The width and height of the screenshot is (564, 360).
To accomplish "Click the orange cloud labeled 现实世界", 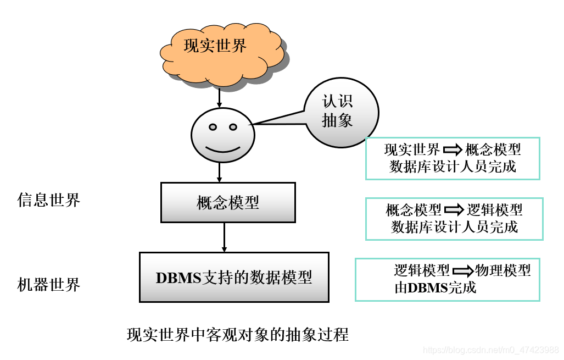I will coord(220,52).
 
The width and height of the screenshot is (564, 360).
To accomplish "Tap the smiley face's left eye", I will coord(213,128).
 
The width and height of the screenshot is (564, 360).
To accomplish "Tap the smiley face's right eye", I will coord(233,128).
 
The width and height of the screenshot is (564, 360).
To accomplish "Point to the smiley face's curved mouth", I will coord(222,149).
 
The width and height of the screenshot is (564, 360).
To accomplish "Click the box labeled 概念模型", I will coord(227,202).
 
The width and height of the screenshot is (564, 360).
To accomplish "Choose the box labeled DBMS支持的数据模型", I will coord(234,277).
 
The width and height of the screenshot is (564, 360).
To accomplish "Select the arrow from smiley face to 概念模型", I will coord(220,172).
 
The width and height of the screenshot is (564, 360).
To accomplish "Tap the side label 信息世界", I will coord(49,200).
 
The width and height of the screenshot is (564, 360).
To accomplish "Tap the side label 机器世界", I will coord(49,285).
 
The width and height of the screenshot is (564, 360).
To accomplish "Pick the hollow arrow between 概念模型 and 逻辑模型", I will coord(454,210).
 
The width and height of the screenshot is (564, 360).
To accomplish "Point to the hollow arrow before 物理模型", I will coord(462,270).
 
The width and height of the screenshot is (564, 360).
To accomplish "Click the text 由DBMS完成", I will coord(435,287).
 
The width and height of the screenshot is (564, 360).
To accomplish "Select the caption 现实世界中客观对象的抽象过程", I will coord(237,334).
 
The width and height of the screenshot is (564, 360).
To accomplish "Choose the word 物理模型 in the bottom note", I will coord(502,270).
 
